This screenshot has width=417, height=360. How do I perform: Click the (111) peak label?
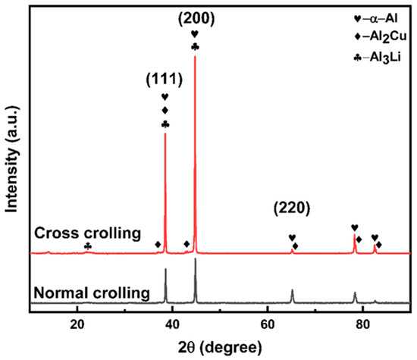(165, 80)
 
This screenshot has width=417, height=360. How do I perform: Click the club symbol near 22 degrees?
(88, 246)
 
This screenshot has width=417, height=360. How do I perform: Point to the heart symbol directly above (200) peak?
(195, 34)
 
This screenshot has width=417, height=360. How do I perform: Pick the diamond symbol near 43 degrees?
(187, 244)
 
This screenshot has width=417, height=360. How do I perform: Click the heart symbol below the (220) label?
(292, 237)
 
